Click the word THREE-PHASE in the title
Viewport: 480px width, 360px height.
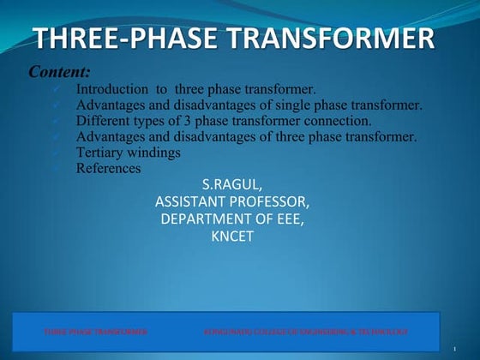129,39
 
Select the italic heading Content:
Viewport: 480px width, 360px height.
60,72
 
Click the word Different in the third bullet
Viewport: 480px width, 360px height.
103,121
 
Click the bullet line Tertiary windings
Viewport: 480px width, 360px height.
128,153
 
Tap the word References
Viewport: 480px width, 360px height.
108,168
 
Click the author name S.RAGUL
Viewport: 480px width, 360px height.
232,184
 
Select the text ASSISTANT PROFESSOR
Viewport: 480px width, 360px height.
232,202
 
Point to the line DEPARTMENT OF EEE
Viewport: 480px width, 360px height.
232,219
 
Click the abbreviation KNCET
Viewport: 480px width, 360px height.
232,237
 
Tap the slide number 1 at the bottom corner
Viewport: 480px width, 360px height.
452,349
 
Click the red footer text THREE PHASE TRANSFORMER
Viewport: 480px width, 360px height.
96,331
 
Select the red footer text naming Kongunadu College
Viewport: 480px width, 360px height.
305,331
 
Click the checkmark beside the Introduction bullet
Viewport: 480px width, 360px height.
56,89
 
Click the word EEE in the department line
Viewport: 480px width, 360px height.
287,219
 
